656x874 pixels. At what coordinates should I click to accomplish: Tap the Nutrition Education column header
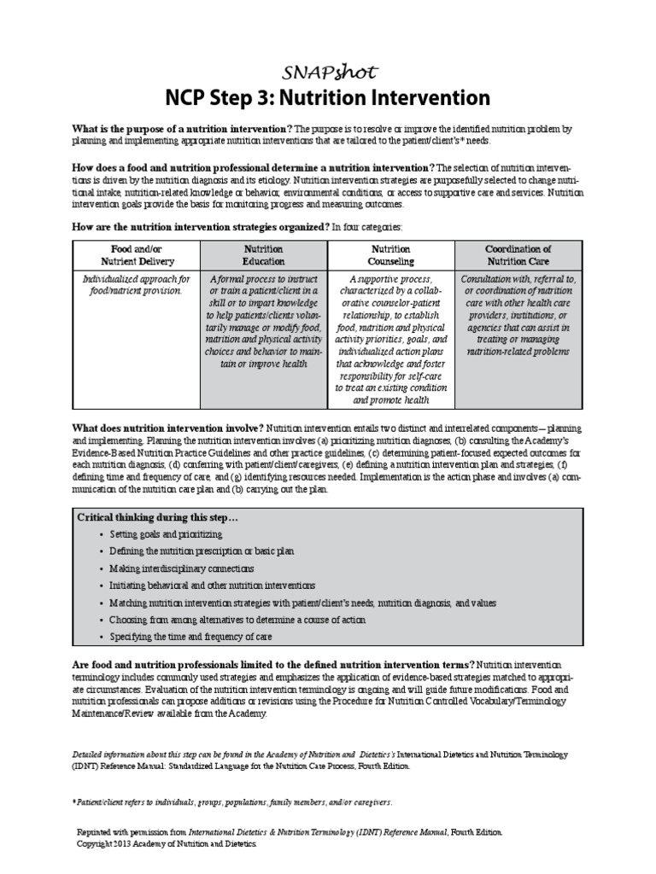263,254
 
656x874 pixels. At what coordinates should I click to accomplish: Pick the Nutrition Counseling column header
390,254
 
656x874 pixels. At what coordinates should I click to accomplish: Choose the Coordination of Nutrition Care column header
518,254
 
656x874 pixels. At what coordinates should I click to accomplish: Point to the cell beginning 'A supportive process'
390,339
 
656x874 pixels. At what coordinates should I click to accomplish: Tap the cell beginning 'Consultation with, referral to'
518,315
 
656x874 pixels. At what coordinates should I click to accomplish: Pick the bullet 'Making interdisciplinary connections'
182,568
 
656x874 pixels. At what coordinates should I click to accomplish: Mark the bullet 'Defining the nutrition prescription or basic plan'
202,551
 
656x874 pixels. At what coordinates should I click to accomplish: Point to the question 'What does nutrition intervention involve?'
168,428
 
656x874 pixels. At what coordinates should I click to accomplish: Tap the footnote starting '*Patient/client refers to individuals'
232,803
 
